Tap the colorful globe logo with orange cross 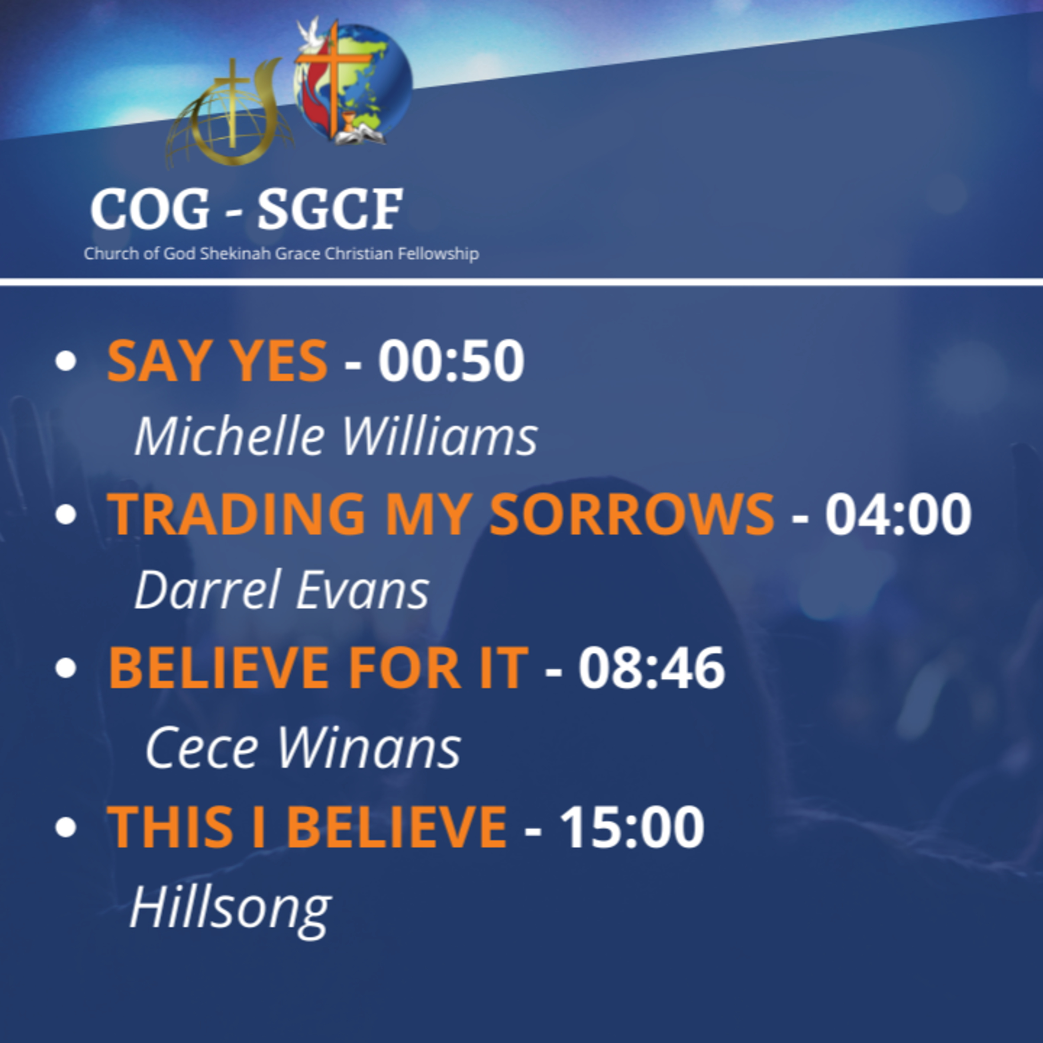[354, 84]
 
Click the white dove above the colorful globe [309, 32]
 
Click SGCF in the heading [330, 209]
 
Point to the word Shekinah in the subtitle [236, 254]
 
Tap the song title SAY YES [217, 361]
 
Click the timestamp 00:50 [451, 361]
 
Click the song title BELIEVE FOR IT [318, 668]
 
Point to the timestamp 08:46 [652, 668]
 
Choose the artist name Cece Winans [303, 748]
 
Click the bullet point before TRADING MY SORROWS [65, 515]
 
